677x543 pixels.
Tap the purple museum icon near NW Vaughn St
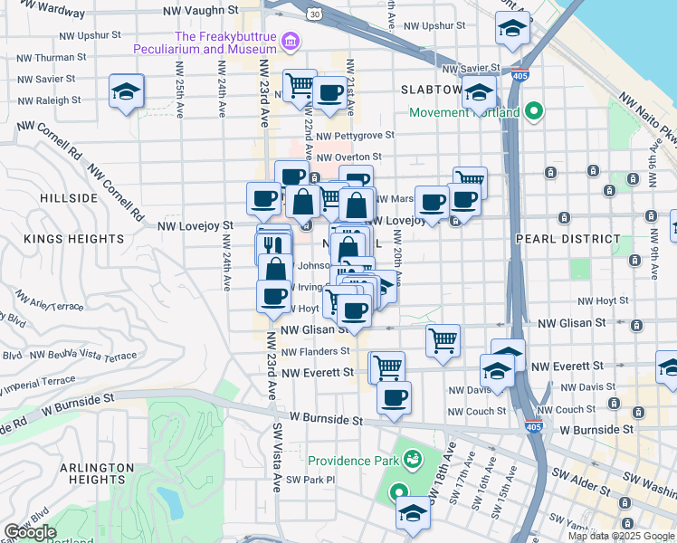291,41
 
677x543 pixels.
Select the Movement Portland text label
464,112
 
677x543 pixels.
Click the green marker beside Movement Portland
534,112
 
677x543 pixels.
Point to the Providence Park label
353,460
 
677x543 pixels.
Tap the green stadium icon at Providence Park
413,460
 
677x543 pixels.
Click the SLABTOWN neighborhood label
431,90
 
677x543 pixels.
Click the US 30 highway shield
313,14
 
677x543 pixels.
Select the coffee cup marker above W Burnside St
394,398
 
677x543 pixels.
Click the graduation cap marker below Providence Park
413,512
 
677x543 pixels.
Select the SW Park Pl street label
310,480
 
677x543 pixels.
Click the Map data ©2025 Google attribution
622,536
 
